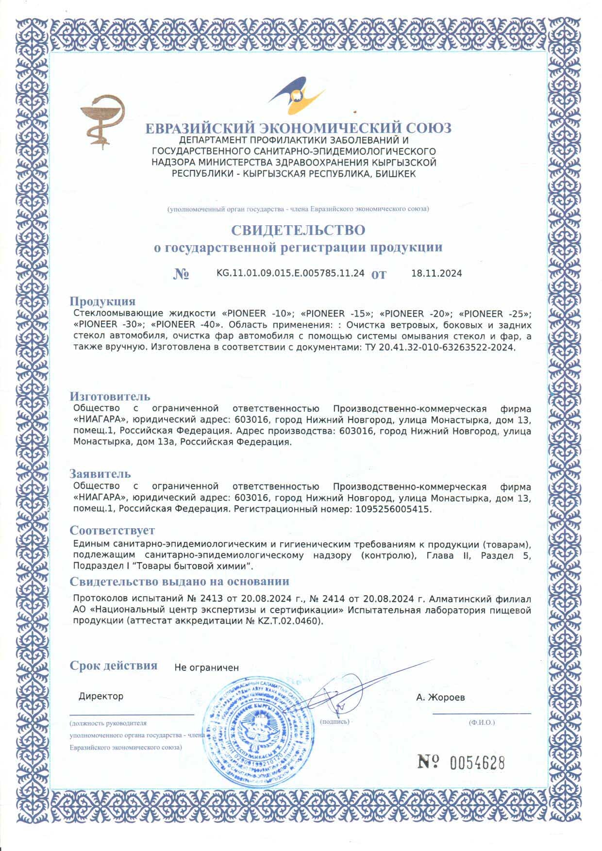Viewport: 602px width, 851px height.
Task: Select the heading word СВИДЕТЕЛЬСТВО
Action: pos(298,229)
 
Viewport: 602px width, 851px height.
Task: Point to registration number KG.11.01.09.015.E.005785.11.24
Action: pos(290,273)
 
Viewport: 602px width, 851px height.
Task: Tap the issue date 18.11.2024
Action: pos(436,273)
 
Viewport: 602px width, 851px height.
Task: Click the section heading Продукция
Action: pos(102,301)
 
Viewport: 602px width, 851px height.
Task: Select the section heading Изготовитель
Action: pos(110,397)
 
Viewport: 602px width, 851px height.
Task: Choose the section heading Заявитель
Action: pos(100,473)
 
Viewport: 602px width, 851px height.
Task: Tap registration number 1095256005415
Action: pos(393,509)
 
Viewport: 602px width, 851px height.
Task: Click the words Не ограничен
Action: pos(206,667)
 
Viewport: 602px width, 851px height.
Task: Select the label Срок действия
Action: pos(113,665)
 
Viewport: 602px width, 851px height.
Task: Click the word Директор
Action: pos(101,696)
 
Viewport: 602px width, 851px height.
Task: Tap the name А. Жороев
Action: pos(440,698)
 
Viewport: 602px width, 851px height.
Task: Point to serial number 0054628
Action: pos(477,763)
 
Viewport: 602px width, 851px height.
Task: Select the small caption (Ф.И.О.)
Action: pos(482,722)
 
